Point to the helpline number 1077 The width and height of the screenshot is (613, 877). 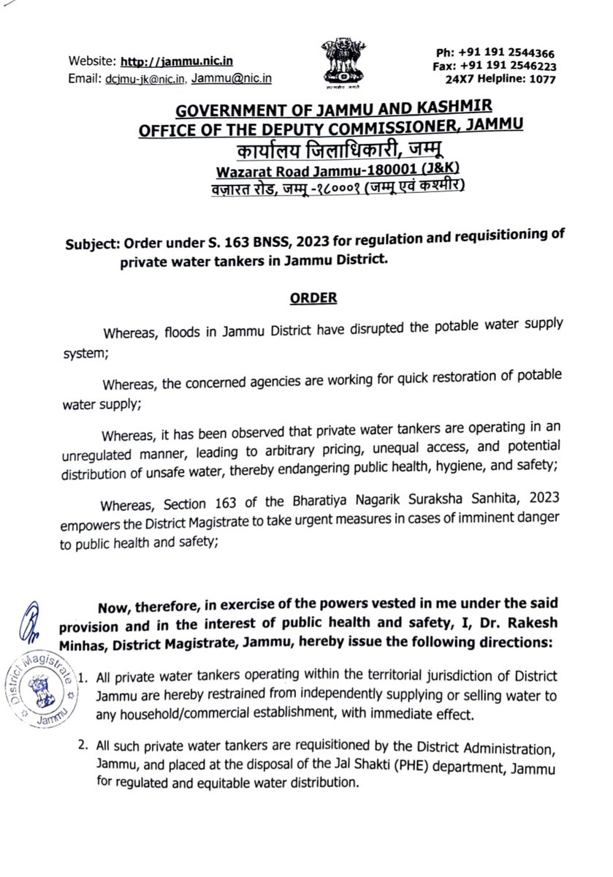(x=543, y=79)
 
